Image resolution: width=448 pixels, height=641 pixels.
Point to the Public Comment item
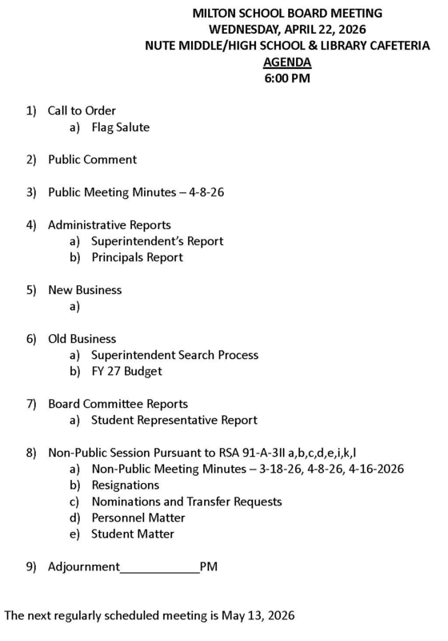click(92, 159)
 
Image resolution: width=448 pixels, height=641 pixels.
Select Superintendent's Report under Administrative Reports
click(157, 241)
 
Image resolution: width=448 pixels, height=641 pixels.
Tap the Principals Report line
click(137, 257)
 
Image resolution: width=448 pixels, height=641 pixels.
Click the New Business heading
click(85, 289)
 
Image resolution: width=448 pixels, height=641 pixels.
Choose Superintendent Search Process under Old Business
click(174, 355)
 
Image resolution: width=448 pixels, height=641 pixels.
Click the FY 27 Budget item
click(126, 371)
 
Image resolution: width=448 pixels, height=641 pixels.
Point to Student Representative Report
click(174, 420)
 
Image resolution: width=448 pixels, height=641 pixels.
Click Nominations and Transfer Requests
click(186, 502)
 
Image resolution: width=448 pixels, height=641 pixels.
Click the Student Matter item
click(132, 534)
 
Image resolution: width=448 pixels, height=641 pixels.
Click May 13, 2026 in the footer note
click(258, 616)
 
